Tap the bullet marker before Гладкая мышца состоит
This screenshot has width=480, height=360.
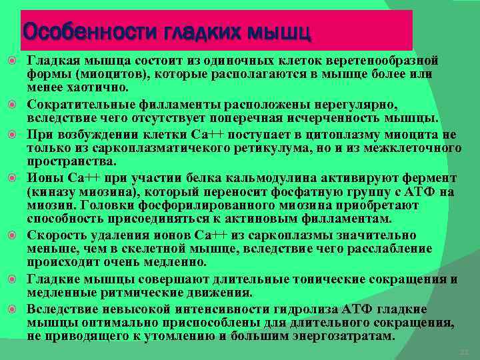coord(13,61)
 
